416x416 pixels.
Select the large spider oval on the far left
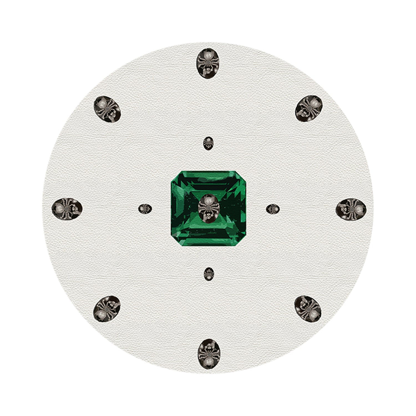(x=67, y=208)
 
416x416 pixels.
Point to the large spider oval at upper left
(x=107, y=109)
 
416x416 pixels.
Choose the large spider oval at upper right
(x=309, y=108)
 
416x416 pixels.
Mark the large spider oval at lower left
(x=107, y=309)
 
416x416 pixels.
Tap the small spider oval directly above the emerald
(x=208, y=143)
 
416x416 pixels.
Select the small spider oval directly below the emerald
(x=209, y=274)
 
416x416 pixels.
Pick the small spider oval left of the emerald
(x=145, y=209)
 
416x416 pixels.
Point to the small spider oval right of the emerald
(x=273, y=209)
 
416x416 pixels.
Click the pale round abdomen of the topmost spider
(x=207, y=57)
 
